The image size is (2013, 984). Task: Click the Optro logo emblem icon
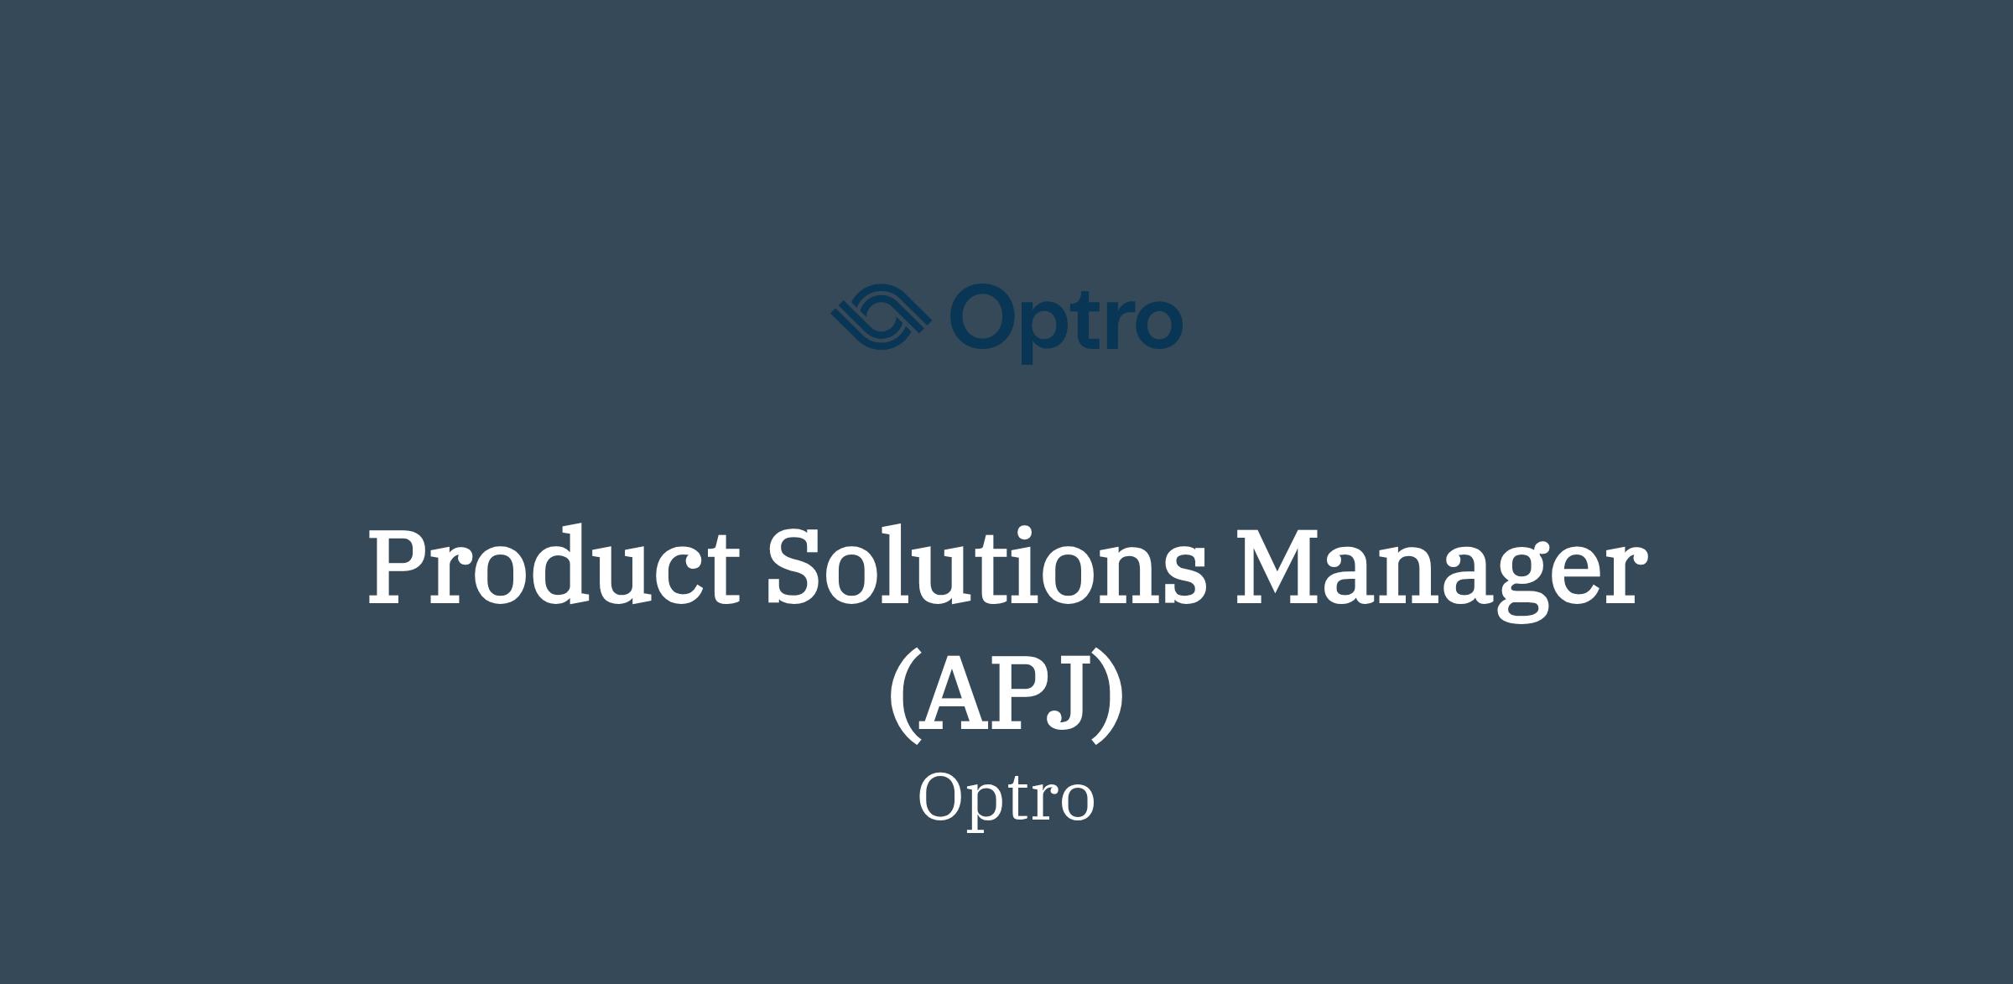pos(881,316)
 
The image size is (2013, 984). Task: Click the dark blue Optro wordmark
pos(1066,322)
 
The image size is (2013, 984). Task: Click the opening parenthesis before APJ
pos(904,695)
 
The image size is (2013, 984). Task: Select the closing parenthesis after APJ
pos(1108,695)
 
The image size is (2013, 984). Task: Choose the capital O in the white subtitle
pos(942,798)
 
